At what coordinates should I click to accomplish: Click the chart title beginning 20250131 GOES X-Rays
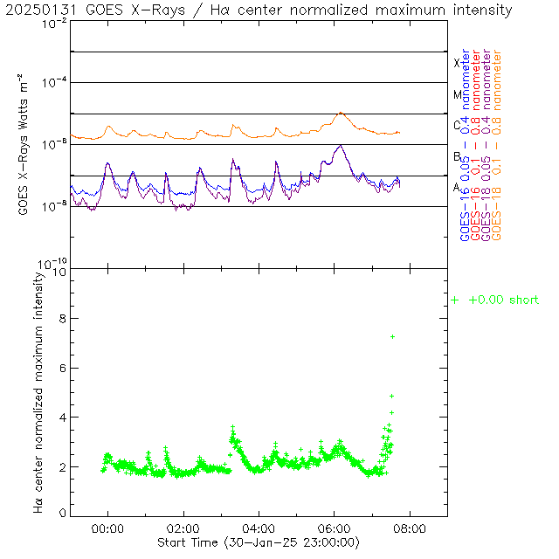click(259, 10)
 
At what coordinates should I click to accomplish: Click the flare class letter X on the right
click(457, 63)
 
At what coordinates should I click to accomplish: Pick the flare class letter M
click(457, 94)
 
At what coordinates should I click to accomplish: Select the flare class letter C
click(457, 125)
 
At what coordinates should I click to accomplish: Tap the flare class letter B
click(457, 156)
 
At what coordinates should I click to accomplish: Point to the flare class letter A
click(457, 187)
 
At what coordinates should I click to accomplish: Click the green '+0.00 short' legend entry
click(494, 300)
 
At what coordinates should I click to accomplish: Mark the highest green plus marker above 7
click(393, 336)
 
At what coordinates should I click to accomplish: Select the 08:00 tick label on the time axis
click(410, 528)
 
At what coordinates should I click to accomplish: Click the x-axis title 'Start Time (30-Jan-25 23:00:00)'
click(259, 542)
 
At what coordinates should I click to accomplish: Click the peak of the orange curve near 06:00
click(341, 113)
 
